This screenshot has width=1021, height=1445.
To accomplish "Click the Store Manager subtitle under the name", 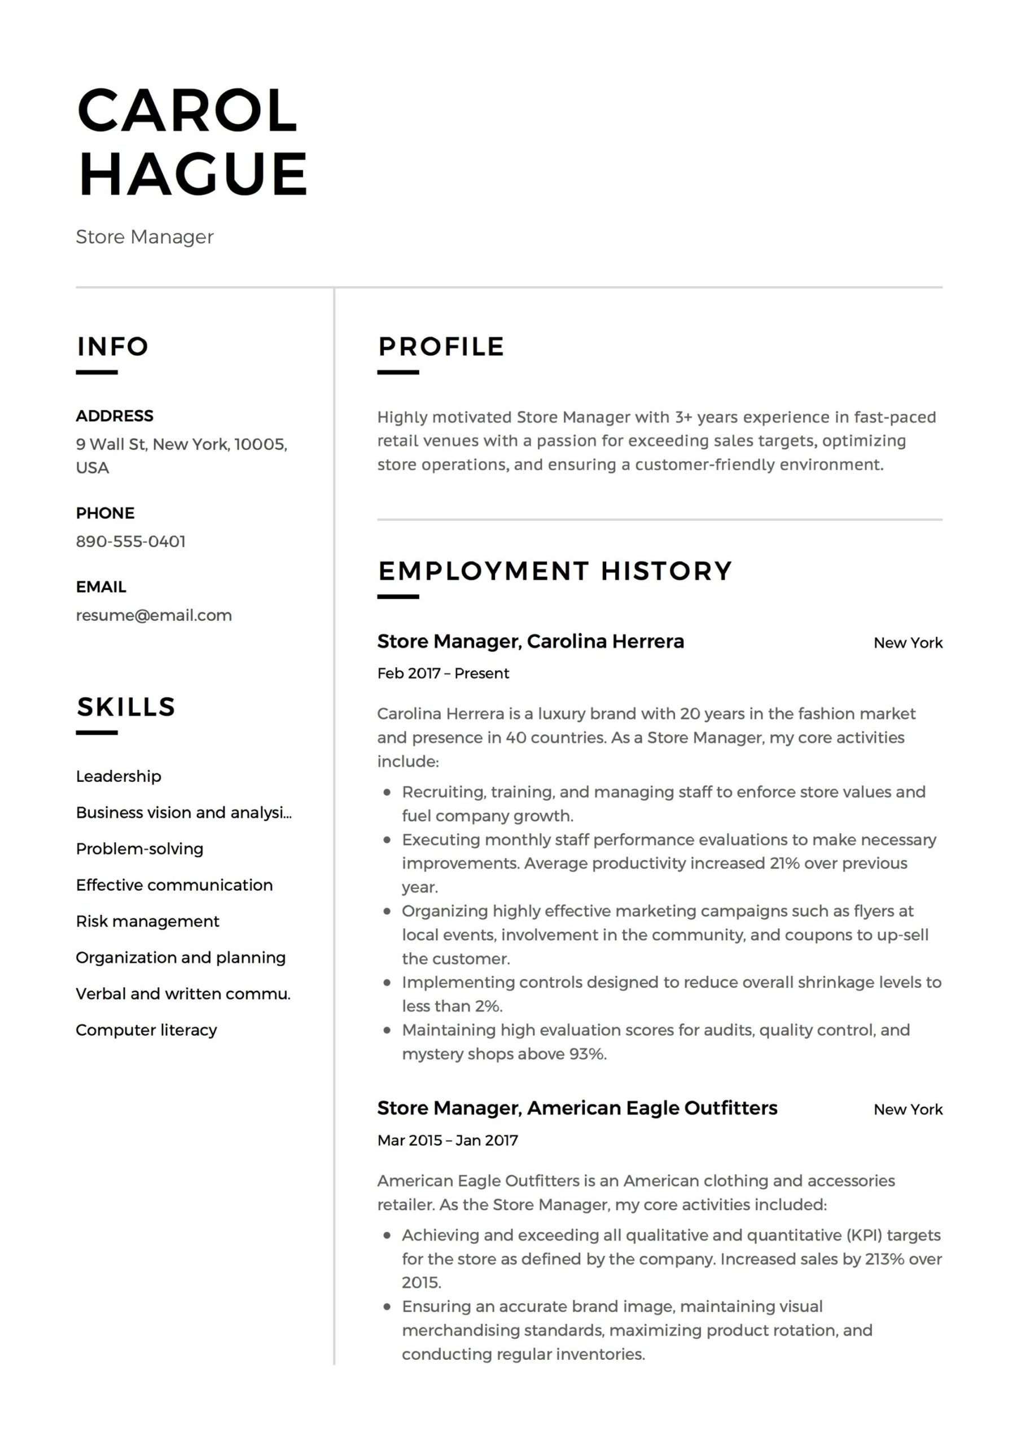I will pyautogui.click(x=145, y=237).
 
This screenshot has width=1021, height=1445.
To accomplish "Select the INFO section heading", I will pyautogui.click(x=113, y=347).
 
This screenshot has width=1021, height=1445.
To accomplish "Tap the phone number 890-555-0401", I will pyautogui.click(x=131, y=541).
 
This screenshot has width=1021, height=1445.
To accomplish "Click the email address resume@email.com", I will pyautogui.click(x=154, y=615).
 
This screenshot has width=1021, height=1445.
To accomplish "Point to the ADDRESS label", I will pyautogui.click(x=115, y=416).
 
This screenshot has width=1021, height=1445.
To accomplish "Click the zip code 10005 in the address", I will pyautogui.click(x=259, y=444).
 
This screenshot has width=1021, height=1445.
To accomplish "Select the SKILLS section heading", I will pyautogui.click(x=126, y=707).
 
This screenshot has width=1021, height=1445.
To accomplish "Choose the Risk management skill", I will pyautogui.click(x=147, y=921).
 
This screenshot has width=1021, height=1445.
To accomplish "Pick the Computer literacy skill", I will pyautogui.click(x=146, y=1030).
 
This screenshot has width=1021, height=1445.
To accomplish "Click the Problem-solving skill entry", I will pyautogui.click(x=139, y=849).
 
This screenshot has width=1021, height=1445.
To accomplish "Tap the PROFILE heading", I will pyautogui.click(x=441, y=347).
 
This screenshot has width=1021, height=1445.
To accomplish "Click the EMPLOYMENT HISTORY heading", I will pyautogui.click(x=555, y=571).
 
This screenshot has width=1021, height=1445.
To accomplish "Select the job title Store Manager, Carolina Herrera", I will pyautogui.click(x=530, y=641).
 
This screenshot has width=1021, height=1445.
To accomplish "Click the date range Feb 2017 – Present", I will pyautogui.click(x=443, y=673).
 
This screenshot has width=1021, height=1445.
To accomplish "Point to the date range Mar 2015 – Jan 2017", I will pyautogui.click(x=448, y=1140).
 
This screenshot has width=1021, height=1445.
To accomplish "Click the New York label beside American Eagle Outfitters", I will pyautogui.click(x=908, y=1110).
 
